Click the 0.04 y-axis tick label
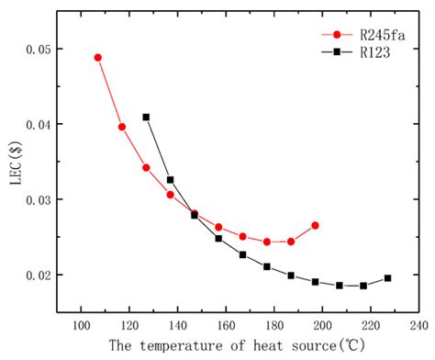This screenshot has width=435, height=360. point(53,124)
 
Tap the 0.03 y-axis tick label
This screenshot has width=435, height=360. point(53,199)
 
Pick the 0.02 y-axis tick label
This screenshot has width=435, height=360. point(53,275)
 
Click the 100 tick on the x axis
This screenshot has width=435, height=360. point(81,324)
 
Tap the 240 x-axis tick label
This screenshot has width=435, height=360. point(418,324)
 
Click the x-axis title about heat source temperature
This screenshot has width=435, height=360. point(245,346)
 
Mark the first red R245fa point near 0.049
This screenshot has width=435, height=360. point(98,57)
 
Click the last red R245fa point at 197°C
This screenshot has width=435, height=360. point(315,225)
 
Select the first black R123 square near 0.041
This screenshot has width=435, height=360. point(146,118)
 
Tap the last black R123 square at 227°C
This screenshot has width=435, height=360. point(387,278)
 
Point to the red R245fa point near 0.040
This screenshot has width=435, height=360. point(122,127)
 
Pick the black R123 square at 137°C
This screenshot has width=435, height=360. point(170,180)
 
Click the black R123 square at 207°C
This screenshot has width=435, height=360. point(340,286)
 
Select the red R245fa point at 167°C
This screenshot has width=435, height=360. point(242,237)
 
